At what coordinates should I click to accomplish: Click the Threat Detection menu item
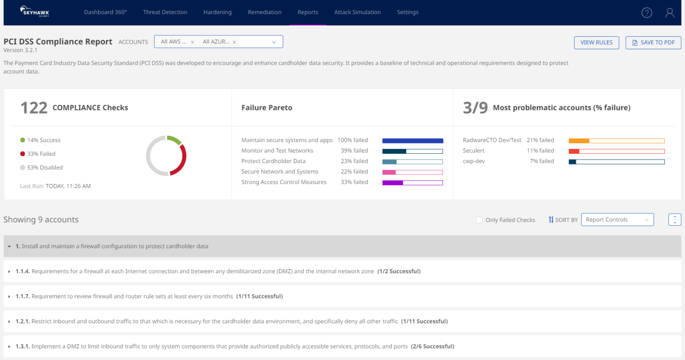(x=165, y=12)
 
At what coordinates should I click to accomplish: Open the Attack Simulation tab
(x=357, y=12)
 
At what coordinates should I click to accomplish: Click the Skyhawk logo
(x=35, y=12)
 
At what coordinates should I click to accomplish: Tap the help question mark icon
(x=646, y=13)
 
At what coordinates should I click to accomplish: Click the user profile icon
(x=670, y=13)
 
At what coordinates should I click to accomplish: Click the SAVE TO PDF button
(x=653, y=42)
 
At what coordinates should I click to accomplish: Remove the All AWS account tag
(x=192, y=42)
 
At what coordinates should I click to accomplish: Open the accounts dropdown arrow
(x=274, y=42)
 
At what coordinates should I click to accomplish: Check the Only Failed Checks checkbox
(x=479, y=220)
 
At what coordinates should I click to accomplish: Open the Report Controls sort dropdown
(x=617, y=220)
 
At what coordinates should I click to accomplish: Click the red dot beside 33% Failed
(x=23, y=154)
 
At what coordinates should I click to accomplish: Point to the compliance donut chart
(x=166, y=156)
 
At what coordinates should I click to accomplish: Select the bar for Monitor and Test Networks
(x=412, y=151)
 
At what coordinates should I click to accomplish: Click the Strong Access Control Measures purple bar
(x=412, y=183)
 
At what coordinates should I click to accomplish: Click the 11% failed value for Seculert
(x=540, y=151)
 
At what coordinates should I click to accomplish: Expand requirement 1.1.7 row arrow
(x=9, y=296)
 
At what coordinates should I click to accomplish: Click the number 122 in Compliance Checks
(x=34, y=108)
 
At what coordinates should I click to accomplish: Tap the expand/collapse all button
(x=674, y=220)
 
